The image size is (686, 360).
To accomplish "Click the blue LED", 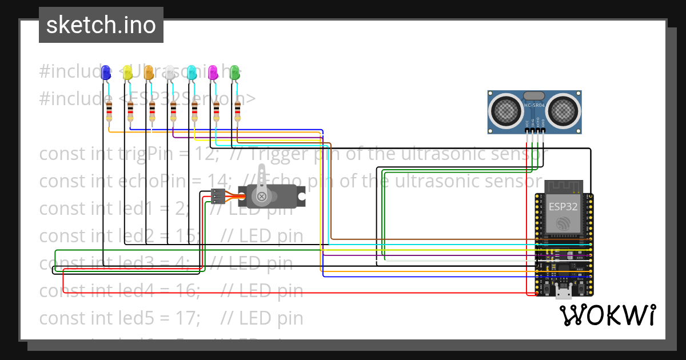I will (106, 73).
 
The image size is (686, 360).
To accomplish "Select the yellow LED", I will (127, 73).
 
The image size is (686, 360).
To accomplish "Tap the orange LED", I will (149, 73).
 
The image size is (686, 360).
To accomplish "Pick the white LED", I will (170, 73).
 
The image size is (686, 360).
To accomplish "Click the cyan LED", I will (192, 73).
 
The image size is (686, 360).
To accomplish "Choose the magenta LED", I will (213, 73).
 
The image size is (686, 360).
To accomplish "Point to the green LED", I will (234, 73).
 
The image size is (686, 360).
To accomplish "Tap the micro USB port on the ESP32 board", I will (564, 294).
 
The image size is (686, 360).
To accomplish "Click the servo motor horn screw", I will (262, 197).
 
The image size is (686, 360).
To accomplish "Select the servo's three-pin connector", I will (217, 197).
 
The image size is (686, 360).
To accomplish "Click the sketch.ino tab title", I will (101, 25).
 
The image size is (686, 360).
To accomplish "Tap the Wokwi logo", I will (607, 315).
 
